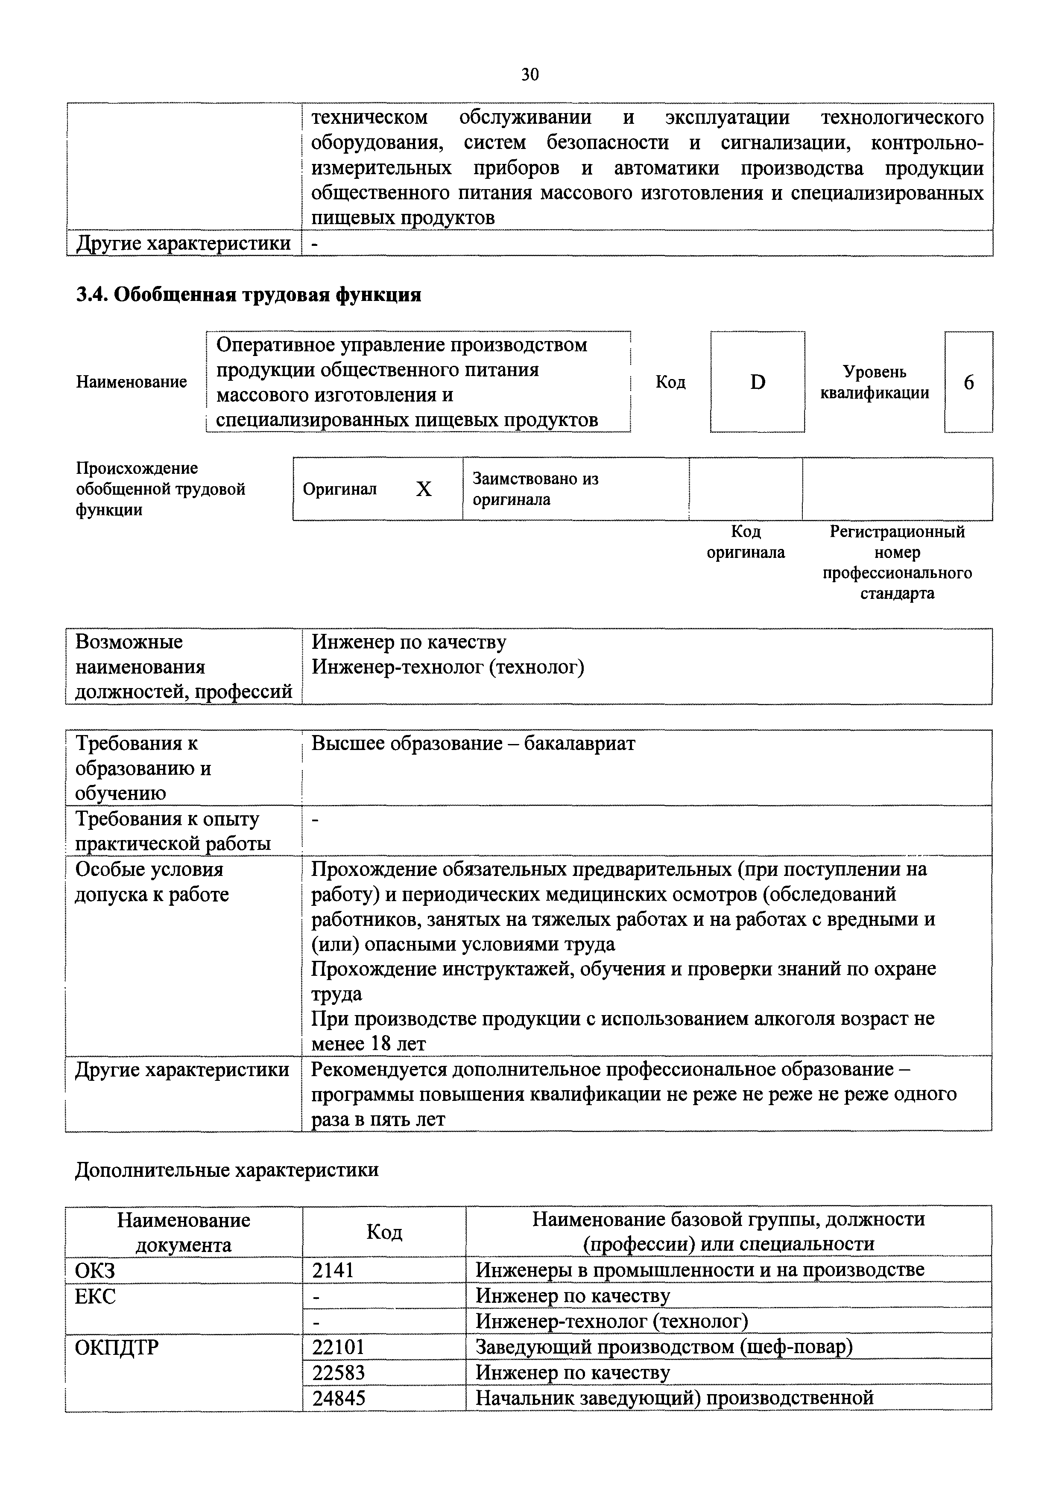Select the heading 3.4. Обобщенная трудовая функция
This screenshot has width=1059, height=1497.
pos(249,295)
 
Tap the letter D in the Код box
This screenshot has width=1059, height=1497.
pos(757,382)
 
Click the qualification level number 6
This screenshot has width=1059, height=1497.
pos(968,382)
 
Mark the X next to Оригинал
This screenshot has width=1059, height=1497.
pos(424,489)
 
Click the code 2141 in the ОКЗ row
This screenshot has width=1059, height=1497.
pos(333,1269)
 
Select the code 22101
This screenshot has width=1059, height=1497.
pos(339,1347)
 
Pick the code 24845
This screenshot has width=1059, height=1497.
pos(339,1398)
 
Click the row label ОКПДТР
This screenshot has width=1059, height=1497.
pos(117,1347)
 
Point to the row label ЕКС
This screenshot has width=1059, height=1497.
pos(95,1296)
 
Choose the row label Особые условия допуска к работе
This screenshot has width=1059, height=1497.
pos(152,881)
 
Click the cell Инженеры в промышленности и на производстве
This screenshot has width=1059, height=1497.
pos(700,1269)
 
